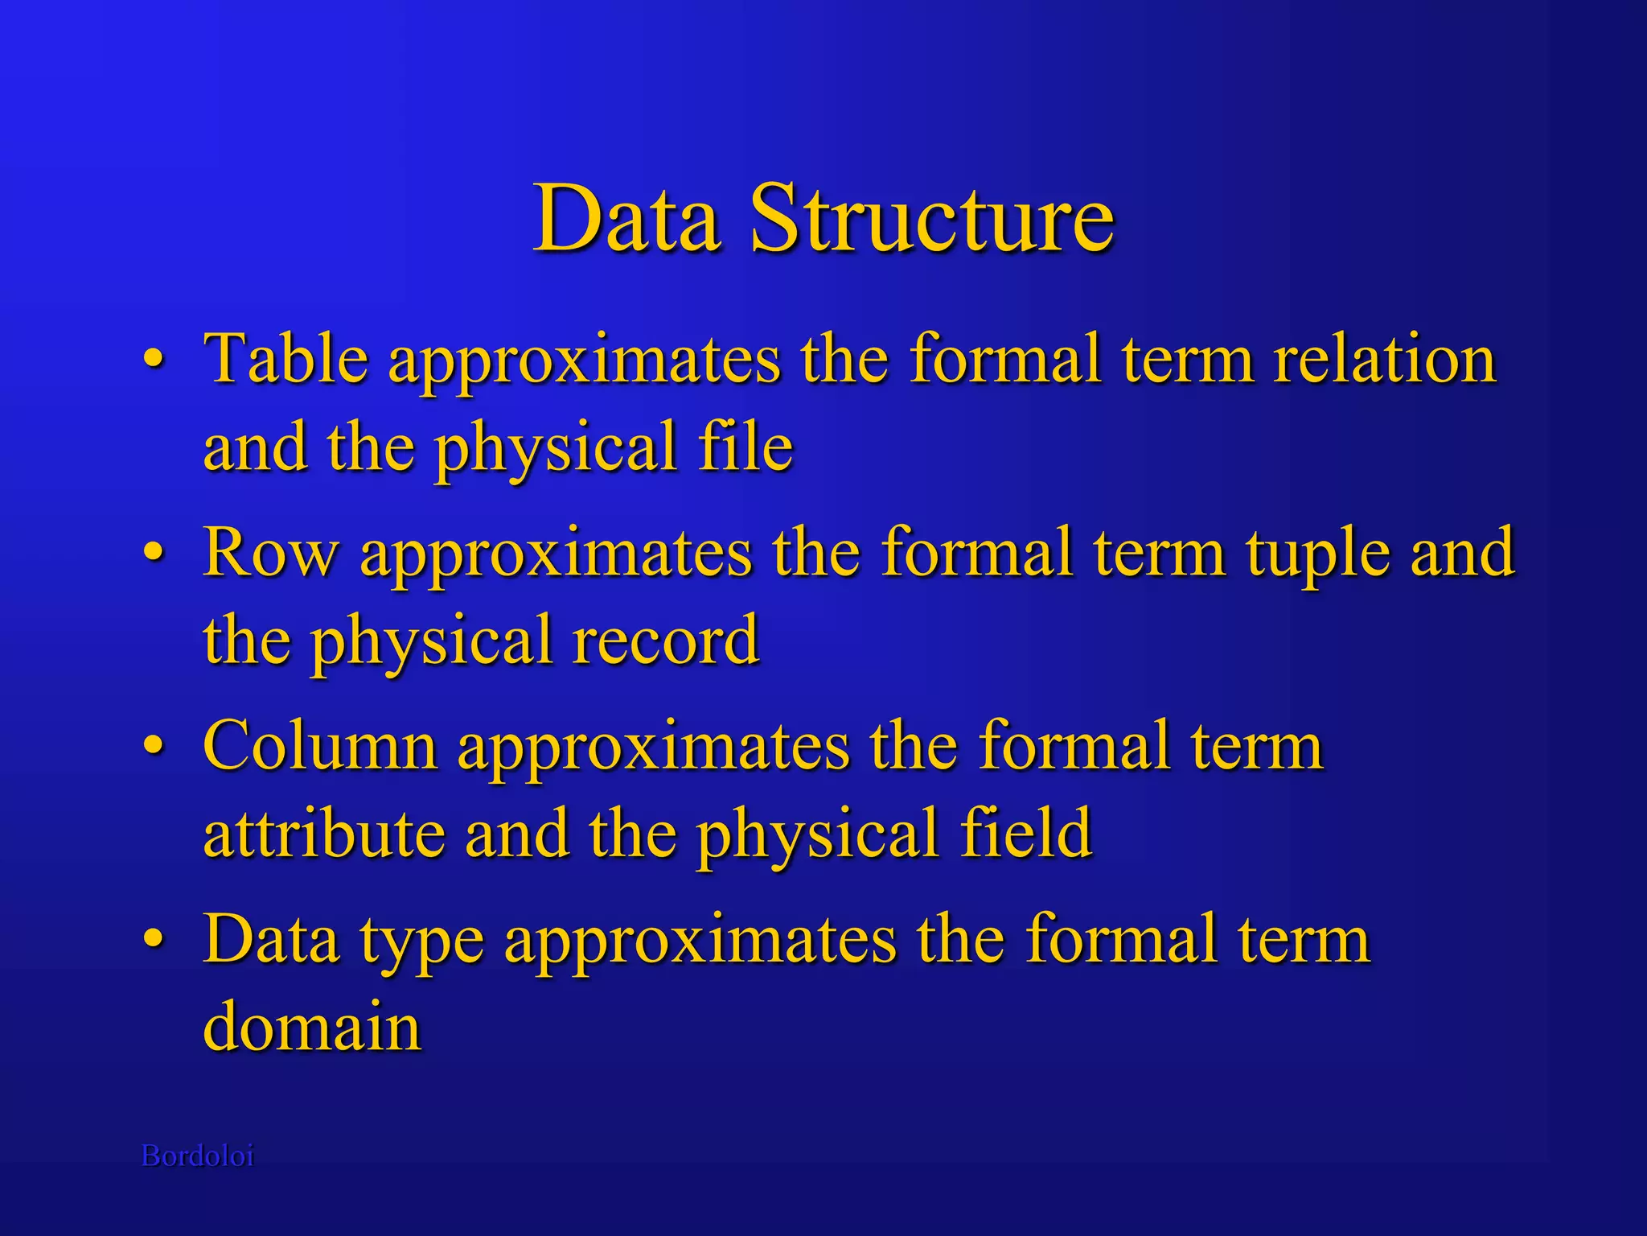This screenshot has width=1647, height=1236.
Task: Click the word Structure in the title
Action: [x=932, y=219]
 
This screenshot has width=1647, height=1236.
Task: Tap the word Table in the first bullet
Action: [x=286, y=359]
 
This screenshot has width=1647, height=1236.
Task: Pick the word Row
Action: [x=271, y=554]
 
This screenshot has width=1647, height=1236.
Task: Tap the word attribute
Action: [x=324, y=834]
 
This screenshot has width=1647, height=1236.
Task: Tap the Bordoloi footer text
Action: [x=198, y=1156]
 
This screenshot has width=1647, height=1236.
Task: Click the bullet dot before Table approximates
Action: [x=154, y=360]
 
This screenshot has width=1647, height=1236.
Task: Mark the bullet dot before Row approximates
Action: [x=154, y=554]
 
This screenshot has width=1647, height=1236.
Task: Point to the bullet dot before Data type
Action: [x=154, y=941]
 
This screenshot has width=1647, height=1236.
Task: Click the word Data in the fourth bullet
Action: [x=271, y=939]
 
